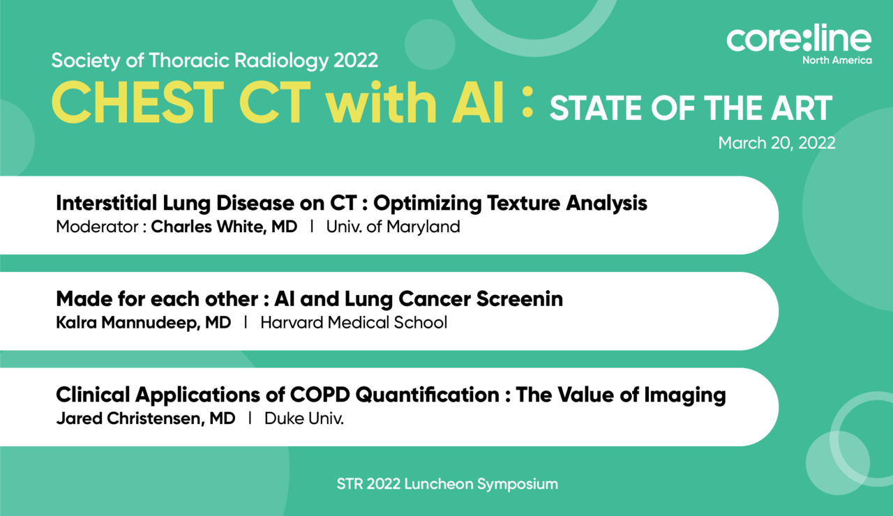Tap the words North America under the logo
[x=836, y=61]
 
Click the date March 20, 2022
[x=776, y=143]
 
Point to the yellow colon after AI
[x=527, y=102]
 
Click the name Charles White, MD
[x=224, y=227]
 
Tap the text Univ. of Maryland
[x=393, y=227]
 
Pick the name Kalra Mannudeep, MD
[x=144, y=323]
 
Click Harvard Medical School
[x=354, y=323]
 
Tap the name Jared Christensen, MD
[x=146, y=418]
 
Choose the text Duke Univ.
[x=303, y=418]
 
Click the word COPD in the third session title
[x=320, y=395]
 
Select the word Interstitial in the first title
[x=107, y=203]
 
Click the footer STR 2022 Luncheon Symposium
[x=447, y=484]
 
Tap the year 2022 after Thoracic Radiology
[x=356, y=61]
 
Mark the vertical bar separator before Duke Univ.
[x=250, y=418]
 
